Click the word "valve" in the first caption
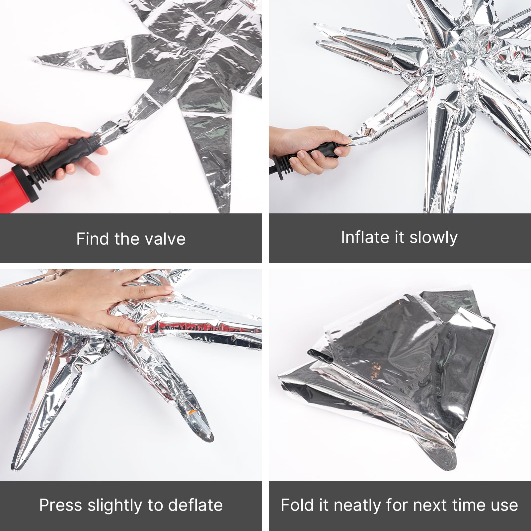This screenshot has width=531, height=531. tap(166, 239)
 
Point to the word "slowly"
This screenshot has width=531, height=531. tap(433, 238)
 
